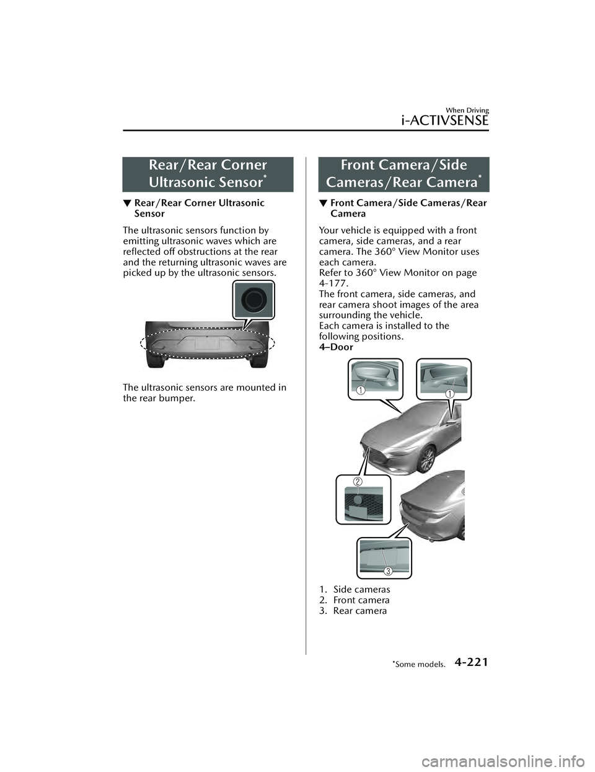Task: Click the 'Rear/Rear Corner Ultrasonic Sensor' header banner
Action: pos(208,174)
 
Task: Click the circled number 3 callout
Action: pos(387,570)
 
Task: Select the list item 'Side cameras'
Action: pos(361,589)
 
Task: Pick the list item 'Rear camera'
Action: pos(359,611)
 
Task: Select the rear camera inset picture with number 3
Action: pos(384,557)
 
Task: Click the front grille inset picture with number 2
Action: pos(364,499)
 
